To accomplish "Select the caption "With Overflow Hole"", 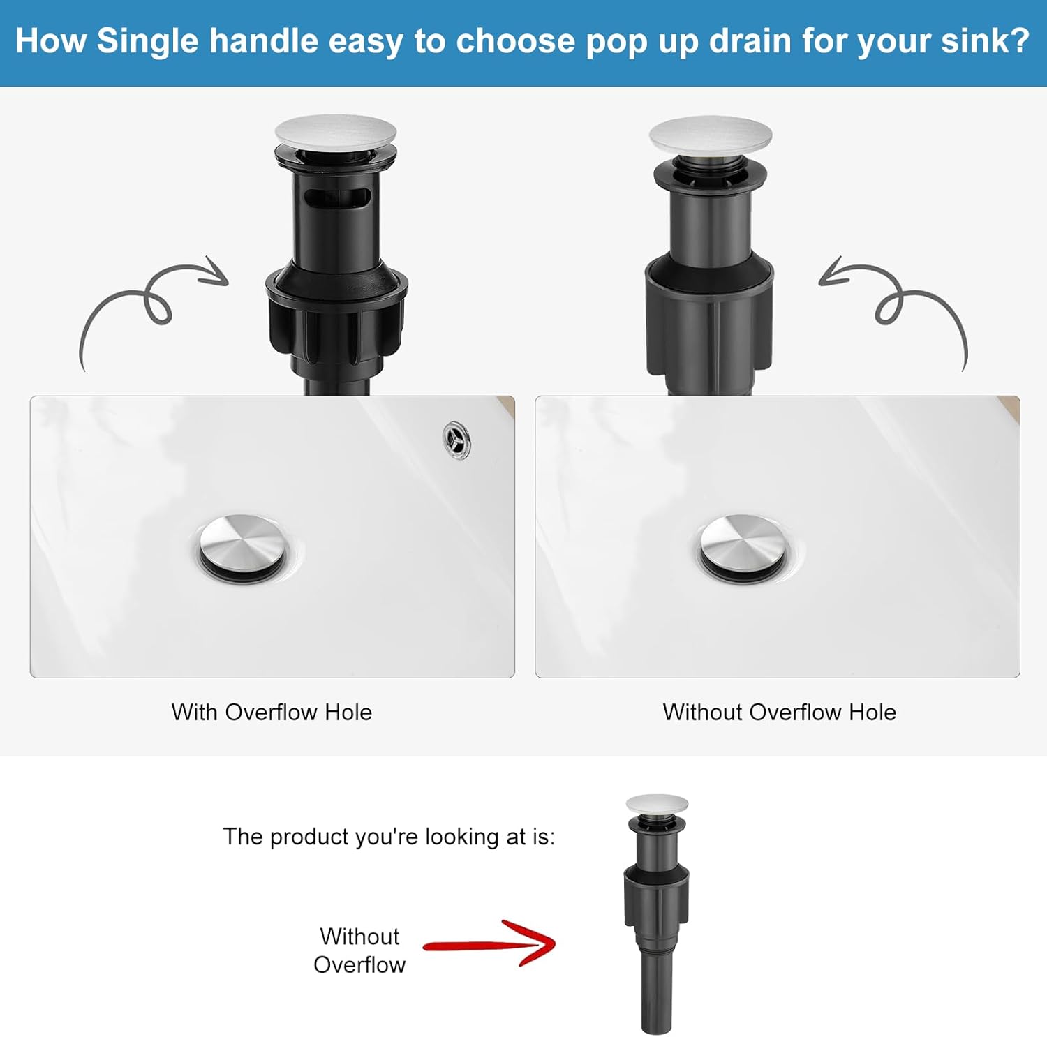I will (x=272, y=712).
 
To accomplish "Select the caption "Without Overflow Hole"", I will (x=779, y=712).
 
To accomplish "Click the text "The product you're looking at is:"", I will (x=389, y=836).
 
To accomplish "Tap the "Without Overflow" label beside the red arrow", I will (x=359, y=950).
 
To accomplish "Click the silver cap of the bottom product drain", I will (x=657, y=805).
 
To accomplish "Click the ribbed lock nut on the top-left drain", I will (x=336, y=321).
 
